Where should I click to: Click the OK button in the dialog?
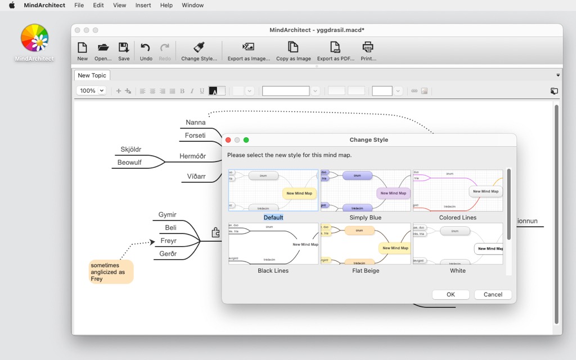pyautogui.click(x=451, y=294)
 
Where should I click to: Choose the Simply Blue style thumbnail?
pyautogui.click(x=366, y=191)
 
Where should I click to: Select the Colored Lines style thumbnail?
pyautogui.click(x=458, y=191)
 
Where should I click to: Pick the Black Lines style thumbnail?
pyautogui.click(x=273, y=244)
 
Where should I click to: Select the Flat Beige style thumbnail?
pyautogui.click(x=366, y=244)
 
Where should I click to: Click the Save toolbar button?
pyautogui.click(x=124, y=51)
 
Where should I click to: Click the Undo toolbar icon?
pyautogui.click(x=146, y=51)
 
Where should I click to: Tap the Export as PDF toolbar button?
pyautogui.click(x=336, y=51)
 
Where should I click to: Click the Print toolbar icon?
pyautogui.click(x=368, y=51)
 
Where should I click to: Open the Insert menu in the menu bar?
pyautogui.click(x=143, y=5)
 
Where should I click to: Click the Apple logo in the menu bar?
pyautogui.click(x=12, y=5)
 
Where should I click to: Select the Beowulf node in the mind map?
pyautogui.click(x=129, y=163)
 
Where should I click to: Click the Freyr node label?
pyautogui.click(x=169, y=241)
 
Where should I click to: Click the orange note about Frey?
pyautogui.click(x=111, y=272)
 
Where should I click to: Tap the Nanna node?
pyautogui.click(x=196, y=122)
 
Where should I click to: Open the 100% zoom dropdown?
pyautogui.click(x=91, y=91)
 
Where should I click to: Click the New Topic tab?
pyautogui.click(x=92, y=75)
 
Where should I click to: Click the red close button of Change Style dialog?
pyautogui.click(x=228, y=139)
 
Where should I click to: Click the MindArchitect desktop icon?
pyautogui.click(x=34, y=43)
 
